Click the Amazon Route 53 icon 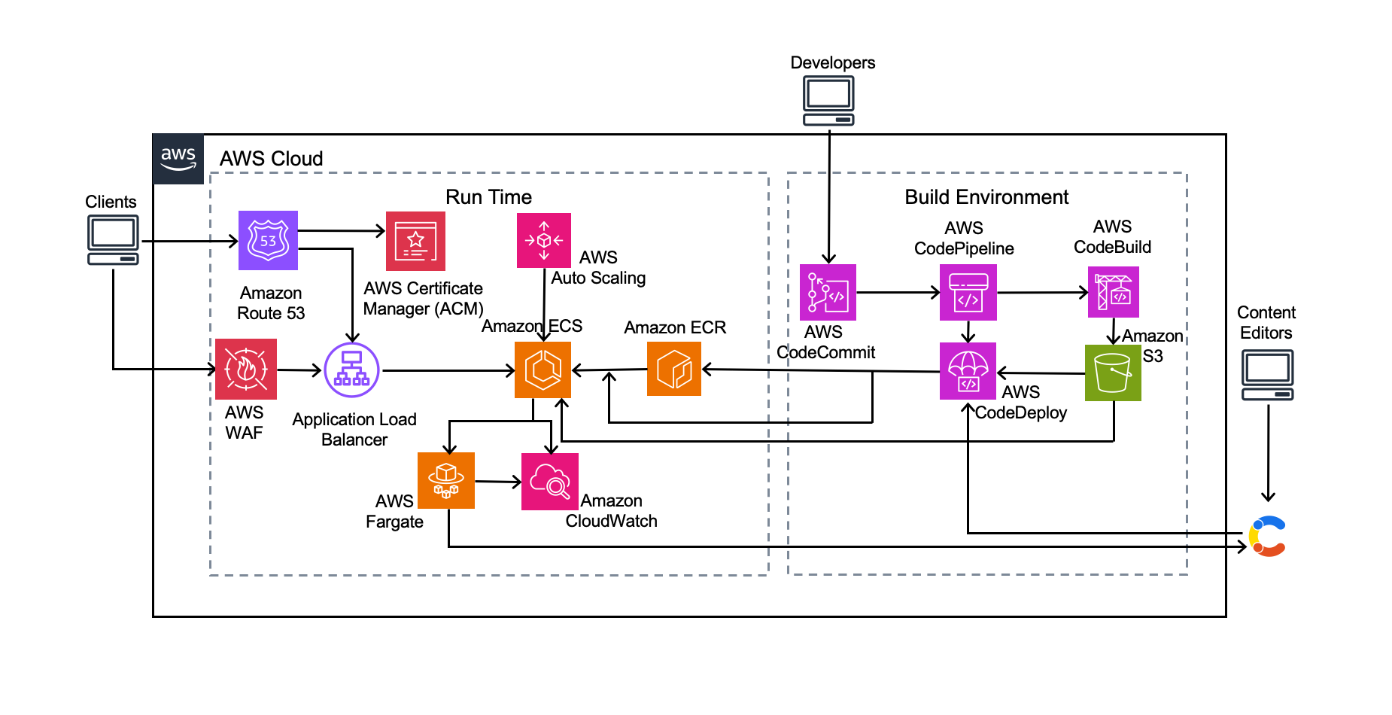pos(268,240)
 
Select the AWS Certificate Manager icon pos(415,241)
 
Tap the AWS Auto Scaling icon pos(543,240)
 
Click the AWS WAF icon pos(245,369)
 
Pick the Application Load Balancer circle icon pos(351,370)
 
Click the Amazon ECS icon pos(543,370)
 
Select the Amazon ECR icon pos(673,369)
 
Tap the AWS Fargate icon pos(445,480)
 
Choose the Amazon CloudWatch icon pos(549,482)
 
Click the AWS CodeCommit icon pos(828,292)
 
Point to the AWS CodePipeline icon pos(968,292)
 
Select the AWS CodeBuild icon pos(1113,292)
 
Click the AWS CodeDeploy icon pos(968,371)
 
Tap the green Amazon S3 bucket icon pos(1112,373)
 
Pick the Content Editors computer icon pos(1267,375)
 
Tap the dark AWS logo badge pos(178,159)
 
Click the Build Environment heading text pos(986,197)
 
